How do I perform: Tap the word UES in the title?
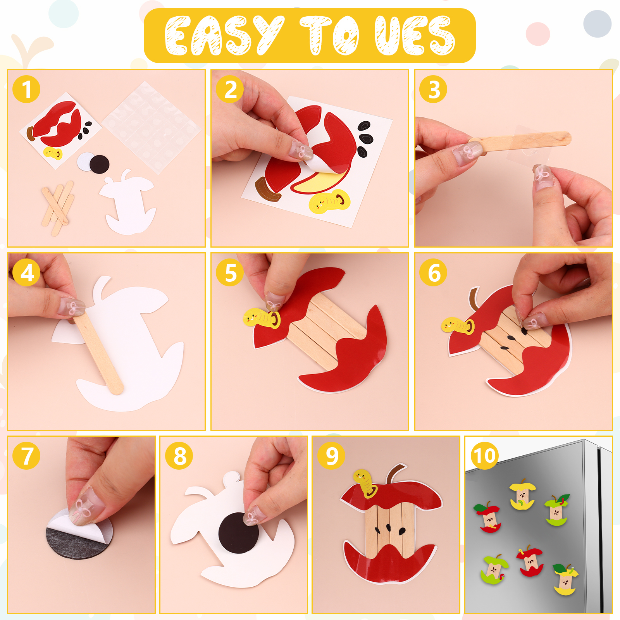click(415, 36)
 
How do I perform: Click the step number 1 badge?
click(26, 90)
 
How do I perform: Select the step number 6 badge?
click(434, 273)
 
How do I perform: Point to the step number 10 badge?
click(485, 456)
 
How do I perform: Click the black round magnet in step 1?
click(100, 164)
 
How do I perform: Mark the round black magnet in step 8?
click(239, 533)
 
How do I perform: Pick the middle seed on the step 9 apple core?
click(388, 527)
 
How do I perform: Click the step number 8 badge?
click(179, 456)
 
